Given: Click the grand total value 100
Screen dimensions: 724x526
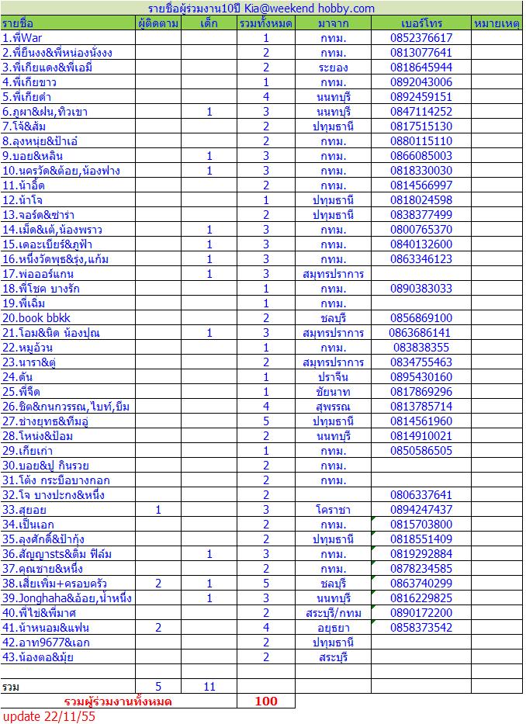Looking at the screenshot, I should click(266, 701).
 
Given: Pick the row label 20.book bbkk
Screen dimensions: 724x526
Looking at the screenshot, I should click(33, 318).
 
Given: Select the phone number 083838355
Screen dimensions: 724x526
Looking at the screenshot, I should click(421, 348).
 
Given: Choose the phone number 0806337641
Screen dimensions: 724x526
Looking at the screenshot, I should click(421, 495).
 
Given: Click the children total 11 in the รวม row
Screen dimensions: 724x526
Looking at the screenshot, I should click(209, 687).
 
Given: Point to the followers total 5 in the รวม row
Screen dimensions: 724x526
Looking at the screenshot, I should click(158, 687).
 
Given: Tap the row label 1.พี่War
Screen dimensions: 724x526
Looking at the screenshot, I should click(23, 38).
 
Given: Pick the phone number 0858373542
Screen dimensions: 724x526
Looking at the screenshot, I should click(421, 628).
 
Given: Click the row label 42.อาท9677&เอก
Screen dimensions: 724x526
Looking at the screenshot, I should click(46, 643).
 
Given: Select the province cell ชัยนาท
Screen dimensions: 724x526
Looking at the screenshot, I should click(333, 392).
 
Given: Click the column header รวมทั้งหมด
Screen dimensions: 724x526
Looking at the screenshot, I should click(266, 23).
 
